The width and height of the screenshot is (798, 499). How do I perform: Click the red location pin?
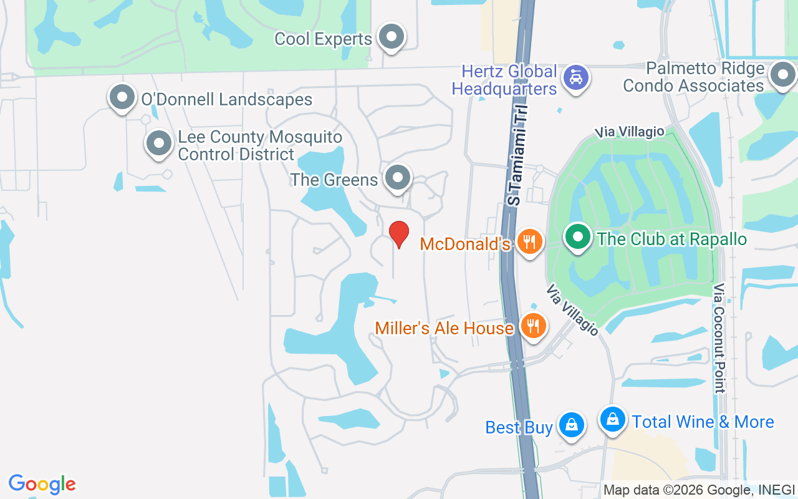[399, 234]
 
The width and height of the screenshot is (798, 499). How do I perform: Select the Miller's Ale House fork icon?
[533, 326]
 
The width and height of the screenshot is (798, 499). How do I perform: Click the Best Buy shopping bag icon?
[570, 425]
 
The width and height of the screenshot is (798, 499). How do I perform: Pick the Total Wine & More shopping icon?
[613, 419]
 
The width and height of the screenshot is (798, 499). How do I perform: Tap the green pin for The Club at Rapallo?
[578, 237]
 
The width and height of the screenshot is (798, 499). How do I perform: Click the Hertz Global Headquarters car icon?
[575, 78]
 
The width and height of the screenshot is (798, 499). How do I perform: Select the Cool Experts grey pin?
[392, 37]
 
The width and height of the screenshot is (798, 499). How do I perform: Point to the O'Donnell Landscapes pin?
[122, 97]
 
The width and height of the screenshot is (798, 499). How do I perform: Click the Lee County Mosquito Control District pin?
[159, 143]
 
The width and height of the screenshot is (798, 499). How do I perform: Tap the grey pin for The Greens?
[398, 178]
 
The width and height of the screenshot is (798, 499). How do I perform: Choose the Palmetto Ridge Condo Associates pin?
[782, 76]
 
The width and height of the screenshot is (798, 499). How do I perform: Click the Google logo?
[42, 484]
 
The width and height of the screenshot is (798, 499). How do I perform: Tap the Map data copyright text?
[698, 490]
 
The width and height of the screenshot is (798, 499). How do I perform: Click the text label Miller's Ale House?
[444, 328]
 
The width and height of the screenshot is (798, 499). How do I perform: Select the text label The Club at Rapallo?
[671, 239]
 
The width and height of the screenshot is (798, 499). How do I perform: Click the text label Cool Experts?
[323, 39]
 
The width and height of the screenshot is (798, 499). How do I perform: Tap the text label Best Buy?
[519, 427]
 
